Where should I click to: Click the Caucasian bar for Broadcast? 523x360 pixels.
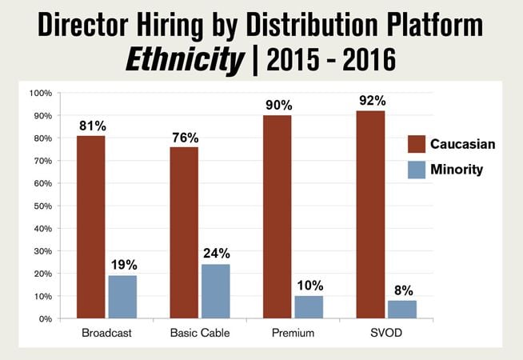(x=91, y=227)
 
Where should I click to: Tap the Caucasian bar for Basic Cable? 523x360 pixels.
(x=185, y=233)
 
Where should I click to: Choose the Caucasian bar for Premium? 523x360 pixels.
(x=277, y=217)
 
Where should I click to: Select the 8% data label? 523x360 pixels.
(x=402, y=290)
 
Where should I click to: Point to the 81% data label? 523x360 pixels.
(x=91, y=126)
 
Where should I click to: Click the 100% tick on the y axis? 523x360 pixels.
(x=38, y=94)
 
